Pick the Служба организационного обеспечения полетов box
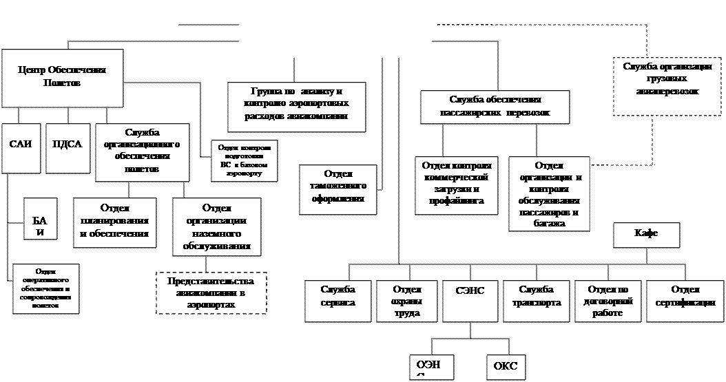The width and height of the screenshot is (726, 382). (143, 152)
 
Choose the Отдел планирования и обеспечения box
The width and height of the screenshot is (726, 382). (115, 223)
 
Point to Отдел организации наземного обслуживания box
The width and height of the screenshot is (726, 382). (217, 226)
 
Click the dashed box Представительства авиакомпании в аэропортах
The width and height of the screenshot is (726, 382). (211, 293)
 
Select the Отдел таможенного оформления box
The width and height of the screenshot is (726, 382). (338, 189)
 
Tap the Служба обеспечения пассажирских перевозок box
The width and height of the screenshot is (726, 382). (495, 107)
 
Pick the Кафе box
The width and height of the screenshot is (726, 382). (646, 235)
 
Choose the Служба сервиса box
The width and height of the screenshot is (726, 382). (339, 301)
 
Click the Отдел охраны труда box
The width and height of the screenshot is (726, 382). (407, 301)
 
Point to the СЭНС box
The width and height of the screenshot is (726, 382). (470, 301)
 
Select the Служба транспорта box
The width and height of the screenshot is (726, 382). (537, 301)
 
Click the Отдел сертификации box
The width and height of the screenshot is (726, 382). (685, 301)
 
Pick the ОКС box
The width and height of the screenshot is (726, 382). (506, 367)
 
